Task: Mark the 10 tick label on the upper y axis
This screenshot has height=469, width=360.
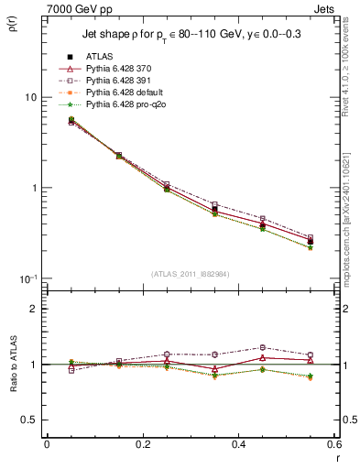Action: click(30, 97)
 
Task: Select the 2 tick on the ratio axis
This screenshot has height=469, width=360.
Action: click(33, 309)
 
